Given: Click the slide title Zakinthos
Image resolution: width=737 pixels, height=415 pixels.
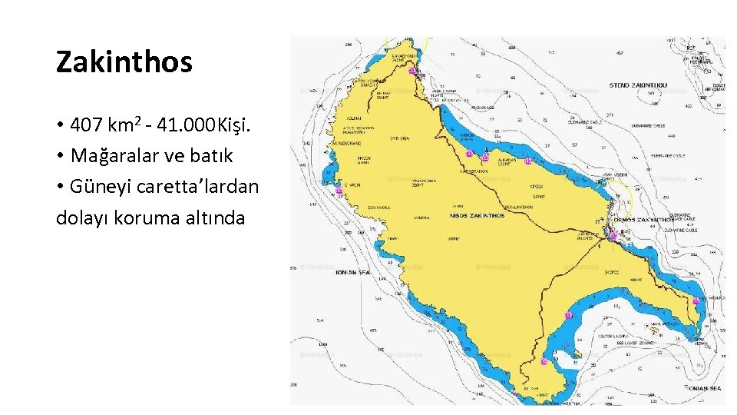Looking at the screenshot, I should [x=124, y=62].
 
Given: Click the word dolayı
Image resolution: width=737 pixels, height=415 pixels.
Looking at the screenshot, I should [x=82, y=217].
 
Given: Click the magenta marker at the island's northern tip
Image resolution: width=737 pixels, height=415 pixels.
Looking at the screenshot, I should [x=412, y=71].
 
